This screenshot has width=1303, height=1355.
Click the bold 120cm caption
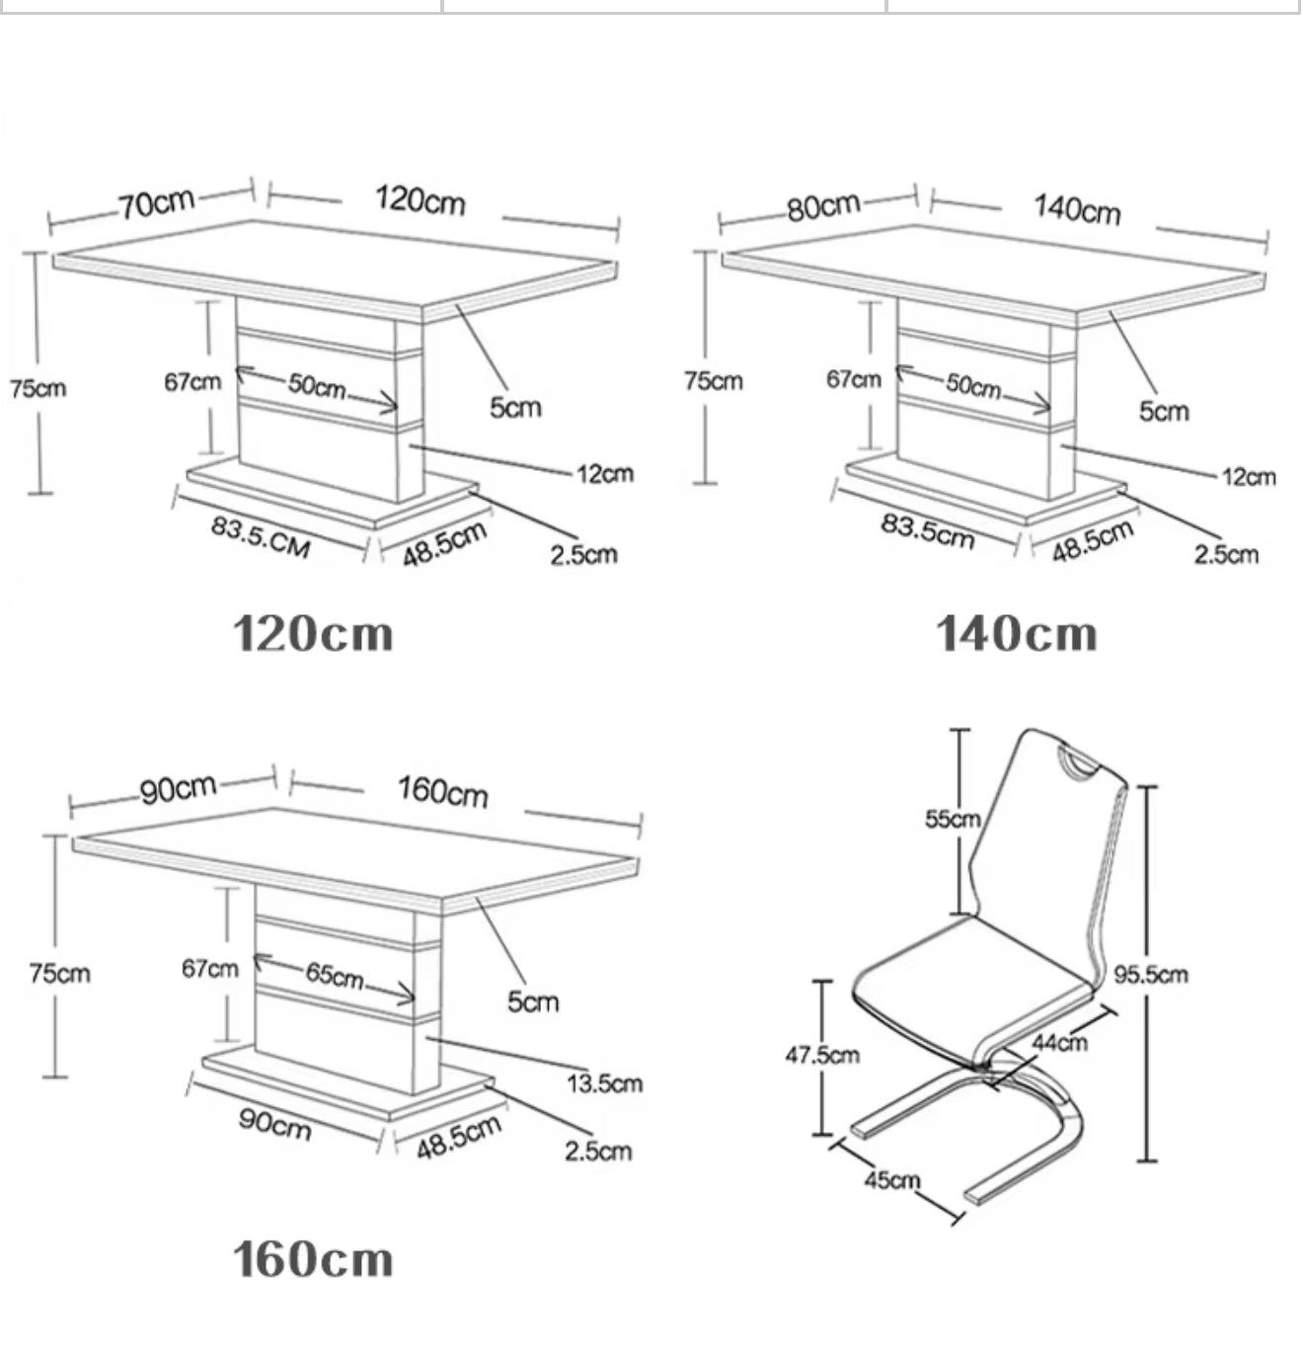click(313, 634)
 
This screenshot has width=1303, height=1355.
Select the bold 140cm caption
click(1016, 634)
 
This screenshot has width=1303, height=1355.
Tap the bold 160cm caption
click(313, 1260)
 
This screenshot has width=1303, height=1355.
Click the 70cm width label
click(157, 202)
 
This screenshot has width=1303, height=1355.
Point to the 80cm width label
click(823, 207)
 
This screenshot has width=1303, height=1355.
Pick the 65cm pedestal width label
click(334, 976)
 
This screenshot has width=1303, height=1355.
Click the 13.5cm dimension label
click(604, 1083)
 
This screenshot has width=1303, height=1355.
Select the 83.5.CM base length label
click(261, 536)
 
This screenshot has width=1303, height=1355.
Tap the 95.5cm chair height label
click(1151, 975)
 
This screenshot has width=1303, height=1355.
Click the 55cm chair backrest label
click(952, 819)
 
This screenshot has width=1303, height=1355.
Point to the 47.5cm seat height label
click(822, 1055)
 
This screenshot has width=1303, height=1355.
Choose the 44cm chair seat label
click(1060, 1042)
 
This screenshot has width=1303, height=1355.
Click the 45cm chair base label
click(892, 1179)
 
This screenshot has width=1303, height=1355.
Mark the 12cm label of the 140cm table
click(1249, 477)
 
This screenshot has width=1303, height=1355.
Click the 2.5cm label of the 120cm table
click(583, 554)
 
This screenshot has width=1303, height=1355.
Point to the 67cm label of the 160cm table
click(209, 969)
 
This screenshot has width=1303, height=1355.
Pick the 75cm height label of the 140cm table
click(714, 380)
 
